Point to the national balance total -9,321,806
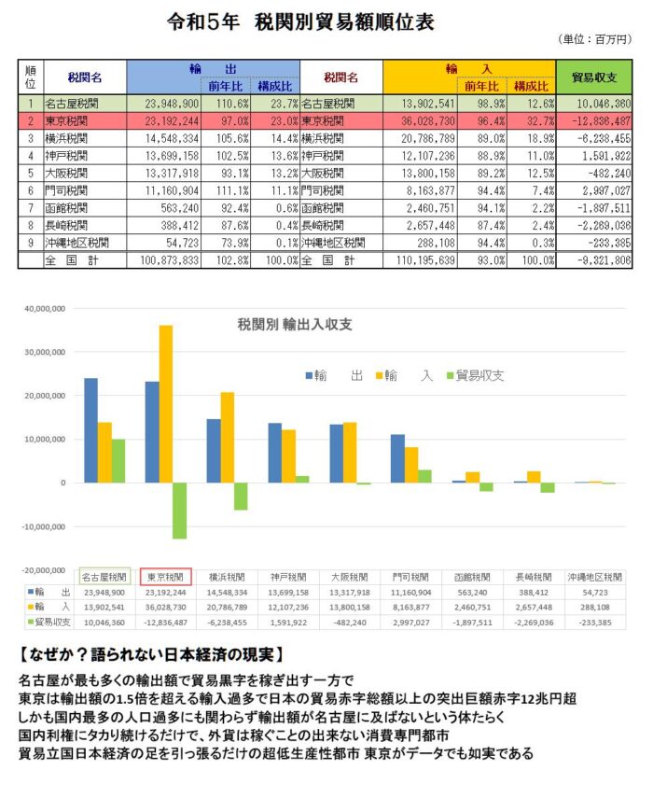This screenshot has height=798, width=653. point(602,259)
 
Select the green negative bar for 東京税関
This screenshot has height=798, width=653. point(179,511)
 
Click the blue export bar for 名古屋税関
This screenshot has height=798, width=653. point(91,430)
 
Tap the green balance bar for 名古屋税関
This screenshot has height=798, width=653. point(118,461)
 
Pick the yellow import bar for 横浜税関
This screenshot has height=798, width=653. point(227,437)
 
